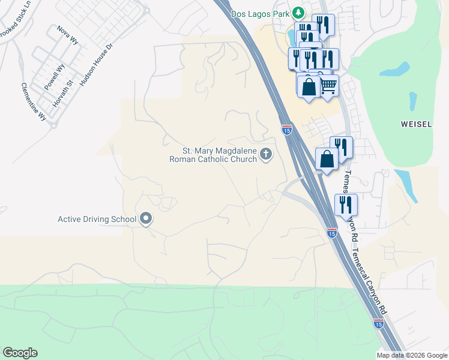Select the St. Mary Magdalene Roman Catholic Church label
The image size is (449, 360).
(x=220, y=155)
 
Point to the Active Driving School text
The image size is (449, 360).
(x=97, y=219)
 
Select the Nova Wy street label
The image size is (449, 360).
(x=67, y=35)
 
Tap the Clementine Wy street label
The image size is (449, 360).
(x=34, y=102)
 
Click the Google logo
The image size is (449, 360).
(x=20, y=353)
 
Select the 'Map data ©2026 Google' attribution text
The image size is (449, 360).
(x=411, y=355)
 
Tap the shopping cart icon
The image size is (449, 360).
(x=328, y=85)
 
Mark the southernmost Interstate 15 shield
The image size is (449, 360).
(x=378, y=323)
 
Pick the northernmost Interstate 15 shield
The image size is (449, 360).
(x=286, y=129)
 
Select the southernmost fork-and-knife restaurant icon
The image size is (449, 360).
(x=346, y=205)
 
